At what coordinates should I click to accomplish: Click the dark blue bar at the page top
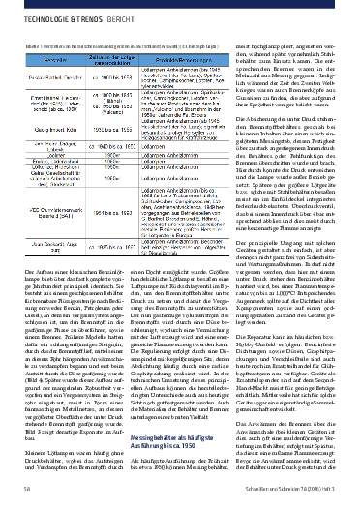point(180,4)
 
